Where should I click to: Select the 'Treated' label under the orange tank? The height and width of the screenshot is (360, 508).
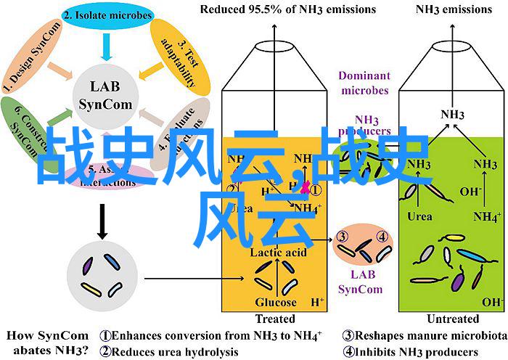275,319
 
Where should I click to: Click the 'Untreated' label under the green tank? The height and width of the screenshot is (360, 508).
453,319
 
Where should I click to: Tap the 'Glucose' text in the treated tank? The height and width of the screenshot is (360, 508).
274,302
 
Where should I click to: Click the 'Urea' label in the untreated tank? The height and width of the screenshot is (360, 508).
419,216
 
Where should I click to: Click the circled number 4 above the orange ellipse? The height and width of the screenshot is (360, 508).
382,235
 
